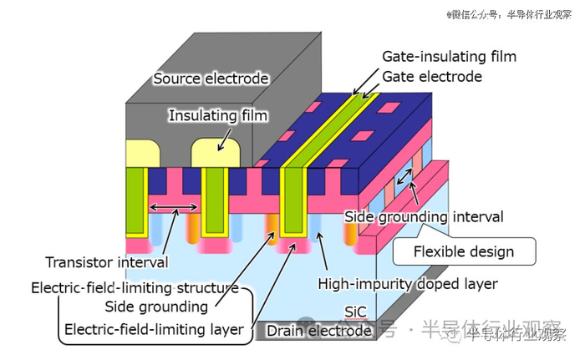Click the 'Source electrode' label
click(211, 79)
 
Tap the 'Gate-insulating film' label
click(449, 57)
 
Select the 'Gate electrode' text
click(432, 76)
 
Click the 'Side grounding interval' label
click(424, 216)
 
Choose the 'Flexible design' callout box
click(464, 250)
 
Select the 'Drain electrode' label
click(318, 331)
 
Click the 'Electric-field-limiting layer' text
click(155, 329)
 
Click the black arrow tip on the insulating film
click(218, 148)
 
